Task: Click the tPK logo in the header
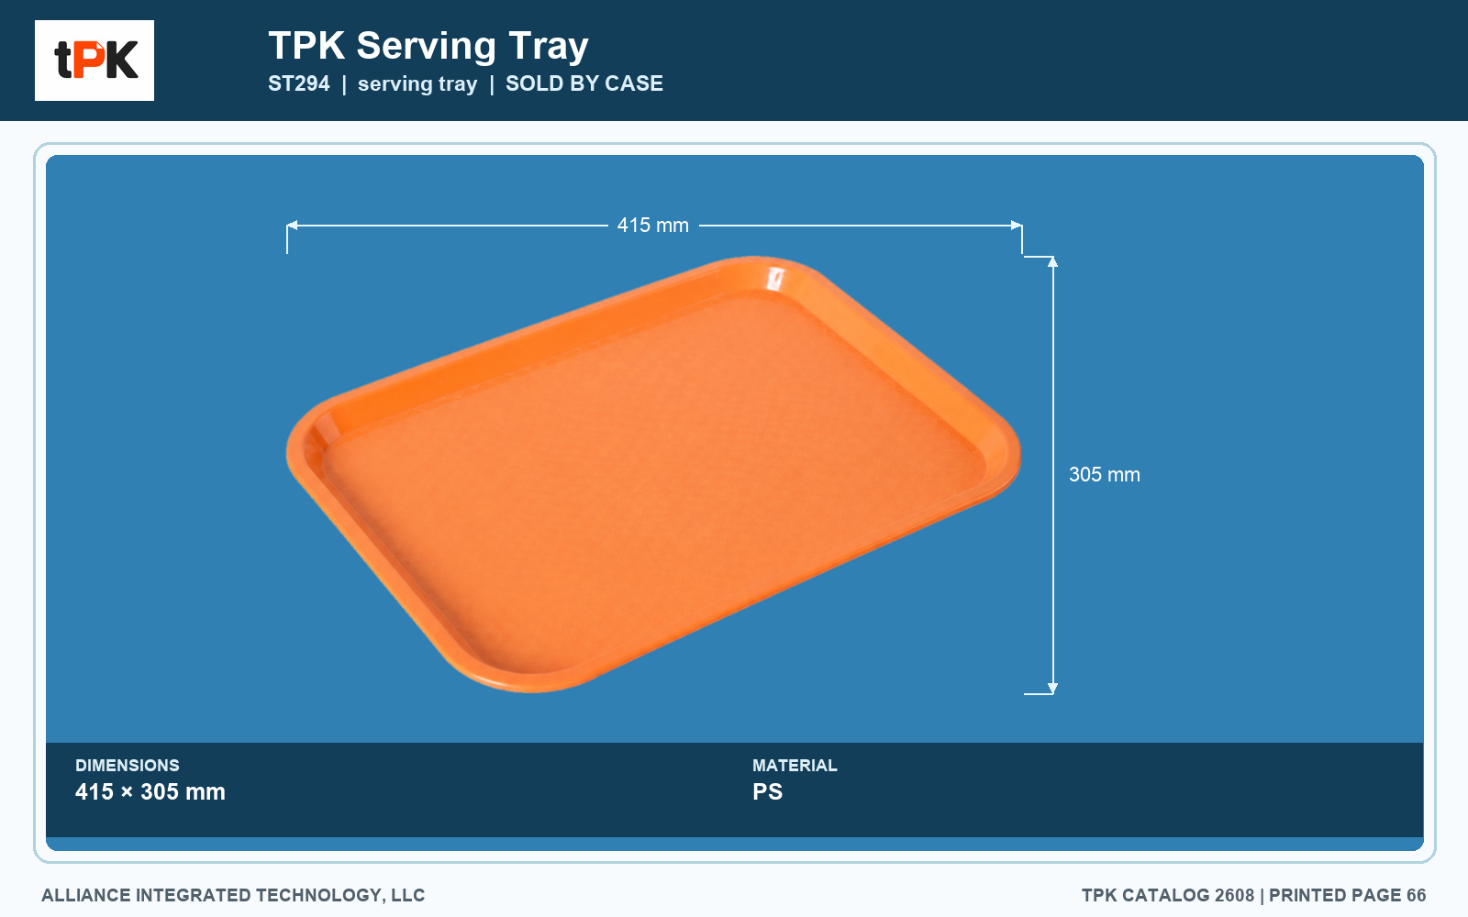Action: [95, 61]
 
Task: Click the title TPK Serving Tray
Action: [428, 46]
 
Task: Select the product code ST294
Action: [299, 83]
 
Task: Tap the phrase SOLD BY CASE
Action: [584, 83]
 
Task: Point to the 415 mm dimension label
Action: [652, 226]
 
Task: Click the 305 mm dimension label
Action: [1105, 474]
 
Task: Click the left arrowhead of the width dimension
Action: [293, 226]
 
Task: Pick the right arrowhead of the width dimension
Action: [1016, 226]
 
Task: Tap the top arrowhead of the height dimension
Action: [1052, 262]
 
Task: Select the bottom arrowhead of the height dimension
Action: [1052, 688]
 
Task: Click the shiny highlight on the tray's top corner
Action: [775, 279]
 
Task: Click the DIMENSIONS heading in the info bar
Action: [128, 765]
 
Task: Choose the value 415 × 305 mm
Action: [150, 791]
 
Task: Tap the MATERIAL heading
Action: [795, 765]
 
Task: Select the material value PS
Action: [767, 791]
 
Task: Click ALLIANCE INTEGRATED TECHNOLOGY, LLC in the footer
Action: [233, 895]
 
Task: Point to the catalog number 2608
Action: [1234, 895]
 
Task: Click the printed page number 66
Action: [1417, 895]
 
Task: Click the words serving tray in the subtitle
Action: [417, 83]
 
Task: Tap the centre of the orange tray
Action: [653, 474]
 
